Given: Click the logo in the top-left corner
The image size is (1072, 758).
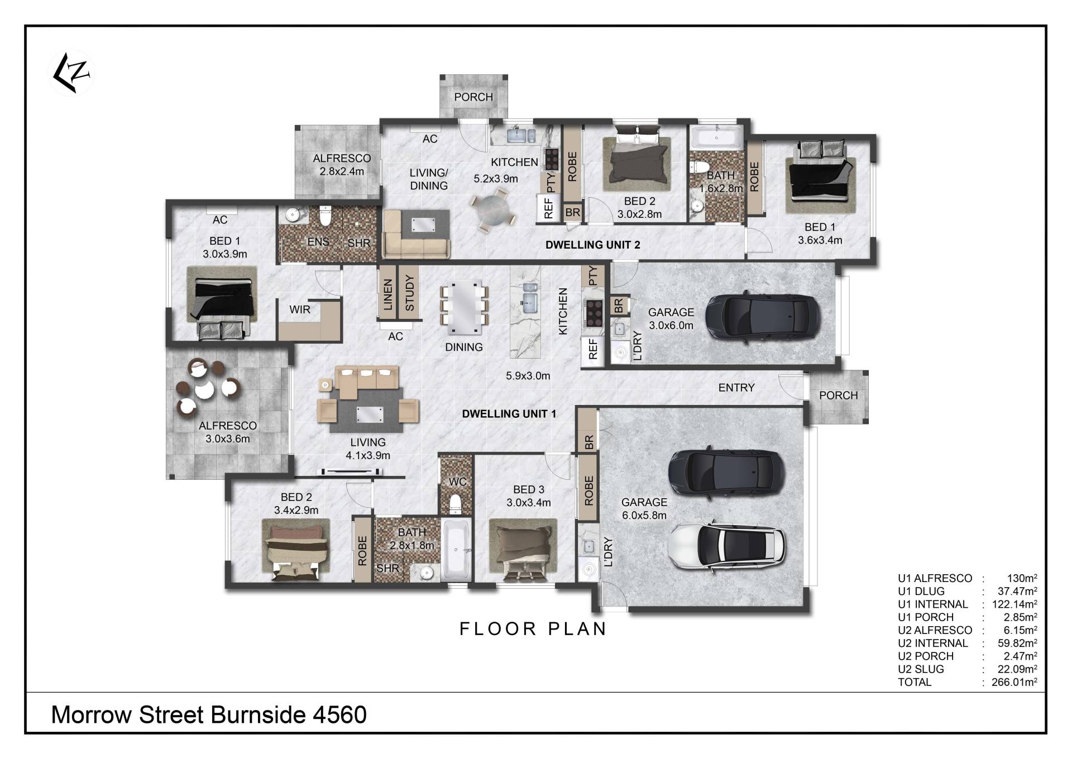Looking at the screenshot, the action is [72, 73].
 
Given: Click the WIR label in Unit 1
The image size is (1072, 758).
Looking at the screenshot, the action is [300, 309].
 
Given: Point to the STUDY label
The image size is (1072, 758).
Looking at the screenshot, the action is [410, 293].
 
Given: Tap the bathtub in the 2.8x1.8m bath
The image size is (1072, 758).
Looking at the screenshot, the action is [456, 551].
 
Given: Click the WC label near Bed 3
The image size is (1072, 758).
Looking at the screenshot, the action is [457, 482].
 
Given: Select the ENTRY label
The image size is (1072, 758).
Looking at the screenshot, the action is [736, 388].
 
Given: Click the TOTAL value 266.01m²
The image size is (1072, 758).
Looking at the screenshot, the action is [1014, 682].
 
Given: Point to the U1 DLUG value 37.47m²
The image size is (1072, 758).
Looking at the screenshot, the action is [1017, 591].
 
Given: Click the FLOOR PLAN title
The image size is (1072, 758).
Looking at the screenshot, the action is [533, 629].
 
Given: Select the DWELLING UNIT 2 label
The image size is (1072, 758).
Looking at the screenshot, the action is [592, 245].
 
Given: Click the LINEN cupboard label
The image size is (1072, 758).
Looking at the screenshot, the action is [388, 294].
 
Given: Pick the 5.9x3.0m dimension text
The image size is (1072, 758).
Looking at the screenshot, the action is [528, 376].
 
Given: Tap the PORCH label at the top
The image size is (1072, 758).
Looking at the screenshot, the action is [473, 97].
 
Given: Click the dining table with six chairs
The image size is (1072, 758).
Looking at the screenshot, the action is [464, 305].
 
